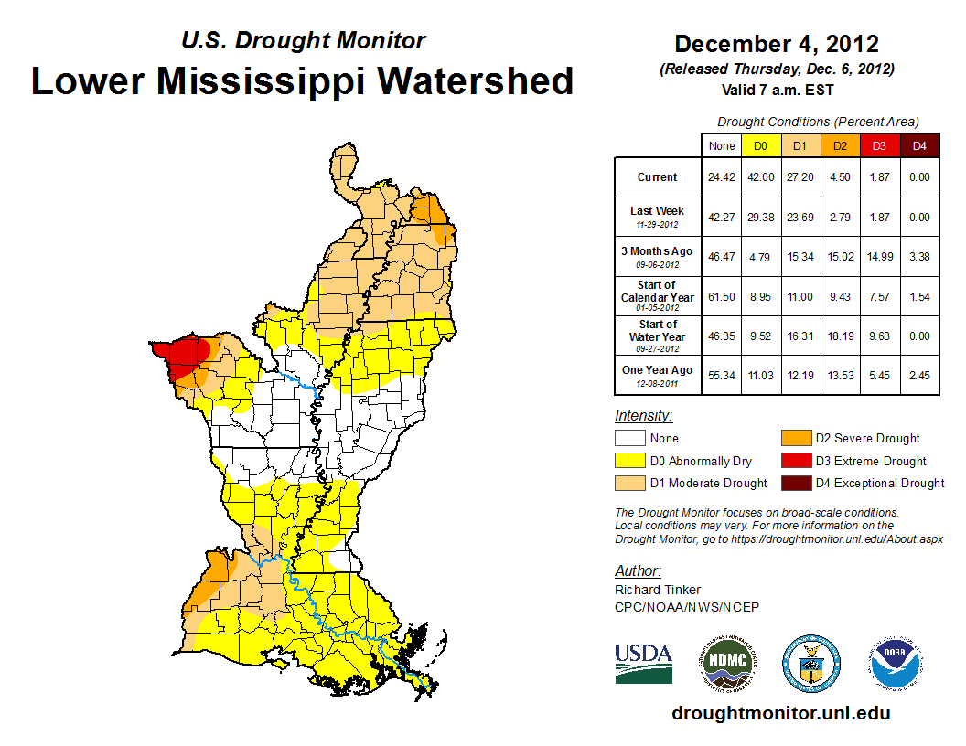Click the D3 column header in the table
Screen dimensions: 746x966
878,145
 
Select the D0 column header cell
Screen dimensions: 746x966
759,145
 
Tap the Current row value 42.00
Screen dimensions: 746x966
759,177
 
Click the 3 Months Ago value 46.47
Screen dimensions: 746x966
720,257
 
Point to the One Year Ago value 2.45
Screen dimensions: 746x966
918,376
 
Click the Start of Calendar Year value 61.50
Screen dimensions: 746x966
720,296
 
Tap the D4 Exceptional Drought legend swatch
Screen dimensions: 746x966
795,483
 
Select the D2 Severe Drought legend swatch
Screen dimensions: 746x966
795,438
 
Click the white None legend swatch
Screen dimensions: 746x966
629,438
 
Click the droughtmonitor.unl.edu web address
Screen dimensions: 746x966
780,712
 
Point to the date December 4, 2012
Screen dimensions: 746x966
777,44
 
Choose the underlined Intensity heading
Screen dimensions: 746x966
643,415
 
